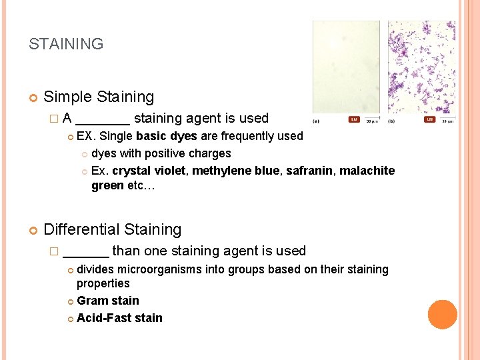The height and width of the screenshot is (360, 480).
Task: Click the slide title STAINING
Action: coord(66,45)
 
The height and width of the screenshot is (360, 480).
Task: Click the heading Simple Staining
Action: coord(99,97)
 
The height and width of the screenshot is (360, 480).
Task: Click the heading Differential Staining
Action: coord(112,229)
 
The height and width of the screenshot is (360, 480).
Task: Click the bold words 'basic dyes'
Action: coord(166,136)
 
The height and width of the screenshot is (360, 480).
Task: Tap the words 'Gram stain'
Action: coord(108,301)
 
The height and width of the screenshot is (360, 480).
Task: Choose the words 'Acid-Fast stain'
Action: coord(119,318)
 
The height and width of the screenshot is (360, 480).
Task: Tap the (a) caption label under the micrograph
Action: coord(315,121)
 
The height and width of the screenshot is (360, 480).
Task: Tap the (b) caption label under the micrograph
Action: coord(392,121)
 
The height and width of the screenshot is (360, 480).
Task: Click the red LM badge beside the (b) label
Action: coord(430,121)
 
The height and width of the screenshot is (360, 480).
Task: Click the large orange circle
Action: coord(442,315)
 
